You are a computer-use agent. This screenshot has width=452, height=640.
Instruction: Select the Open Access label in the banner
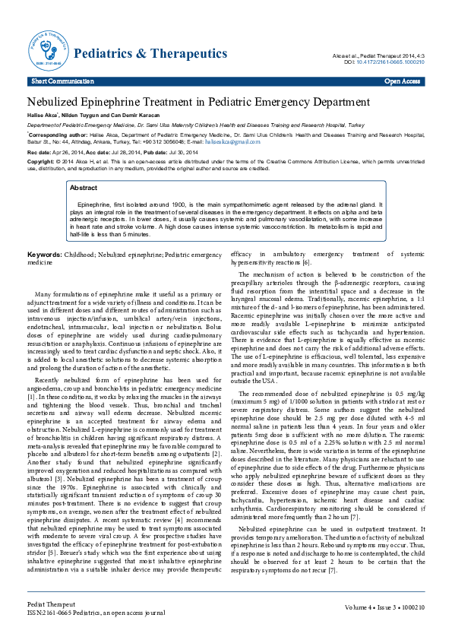coord(403,81)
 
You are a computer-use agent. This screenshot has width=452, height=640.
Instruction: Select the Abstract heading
coord(84,187)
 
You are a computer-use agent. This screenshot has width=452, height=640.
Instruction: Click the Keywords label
coord(44,254)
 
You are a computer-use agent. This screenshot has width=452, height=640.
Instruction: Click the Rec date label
coord(40,153)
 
